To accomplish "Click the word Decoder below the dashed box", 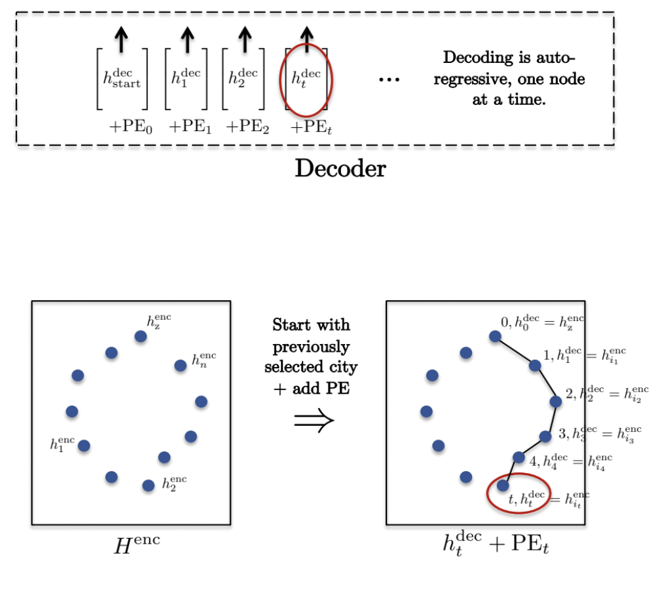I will (340, 168).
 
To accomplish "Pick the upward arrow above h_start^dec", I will (121, 40).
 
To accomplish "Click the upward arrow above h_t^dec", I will (306, 40).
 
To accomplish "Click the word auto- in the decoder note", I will (562, 57).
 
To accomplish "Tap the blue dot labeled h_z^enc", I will (140, 336).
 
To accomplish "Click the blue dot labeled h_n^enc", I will (180, 366).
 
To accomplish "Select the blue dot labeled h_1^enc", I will (84, 446).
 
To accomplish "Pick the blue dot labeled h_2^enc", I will (149, 485).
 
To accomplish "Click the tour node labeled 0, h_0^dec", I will (495, 336).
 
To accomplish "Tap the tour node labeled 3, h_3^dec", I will (545, 436).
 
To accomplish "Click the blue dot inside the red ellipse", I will (503, 486).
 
